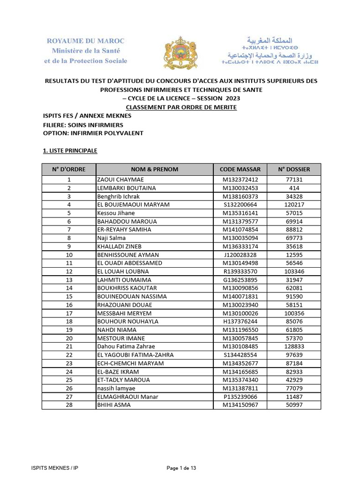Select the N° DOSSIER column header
[294, 169]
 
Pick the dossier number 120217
[294, 205]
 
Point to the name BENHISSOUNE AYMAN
[127, 255]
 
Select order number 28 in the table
[69, 405]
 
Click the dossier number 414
[294, 188]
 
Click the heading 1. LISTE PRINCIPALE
[70, 150]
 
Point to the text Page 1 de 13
[181, 468]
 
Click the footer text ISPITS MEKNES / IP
[52, 468]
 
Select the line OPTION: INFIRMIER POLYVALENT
[93, 133]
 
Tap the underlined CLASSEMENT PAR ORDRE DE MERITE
[181, 107]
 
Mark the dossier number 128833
[294, 346]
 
